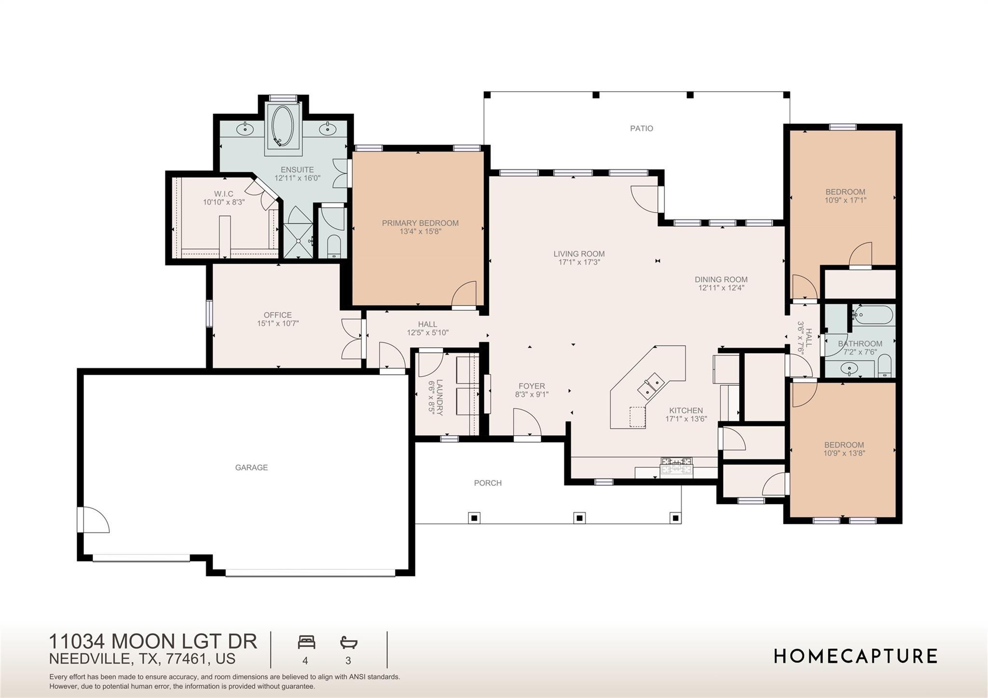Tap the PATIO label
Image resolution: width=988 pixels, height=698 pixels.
(x=641, y=128)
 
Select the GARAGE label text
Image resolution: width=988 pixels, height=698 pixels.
(x=251, y=467)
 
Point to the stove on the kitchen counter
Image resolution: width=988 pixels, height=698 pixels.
(x=677, y=467)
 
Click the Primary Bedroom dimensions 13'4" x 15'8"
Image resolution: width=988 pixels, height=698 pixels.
(x=420, y=232)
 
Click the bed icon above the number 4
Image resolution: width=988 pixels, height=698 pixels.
(x=306, y=643)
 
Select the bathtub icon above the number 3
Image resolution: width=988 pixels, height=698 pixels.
(x=348, y=643)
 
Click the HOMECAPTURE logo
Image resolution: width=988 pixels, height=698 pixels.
(x=855, y=656)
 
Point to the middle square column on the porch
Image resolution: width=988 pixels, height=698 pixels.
(x=579, y=518)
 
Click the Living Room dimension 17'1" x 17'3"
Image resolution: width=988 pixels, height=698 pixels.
(x=579, y=262)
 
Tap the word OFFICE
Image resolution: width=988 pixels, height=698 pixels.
(x=277, y=315)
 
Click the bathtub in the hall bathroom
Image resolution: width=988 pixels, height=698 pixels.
(x=873, y=316)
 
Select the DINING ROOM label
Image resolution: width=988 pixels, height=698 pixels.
(x=721, y=279)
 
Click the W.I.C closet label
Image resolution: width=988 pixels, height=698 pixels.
(x=224, y=194)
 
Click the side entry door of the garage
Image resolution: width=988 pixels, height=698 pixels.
(x=94, y=520)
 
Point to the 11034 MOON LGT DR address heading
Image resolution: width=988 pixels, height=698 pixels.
(x=153, y=642)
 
